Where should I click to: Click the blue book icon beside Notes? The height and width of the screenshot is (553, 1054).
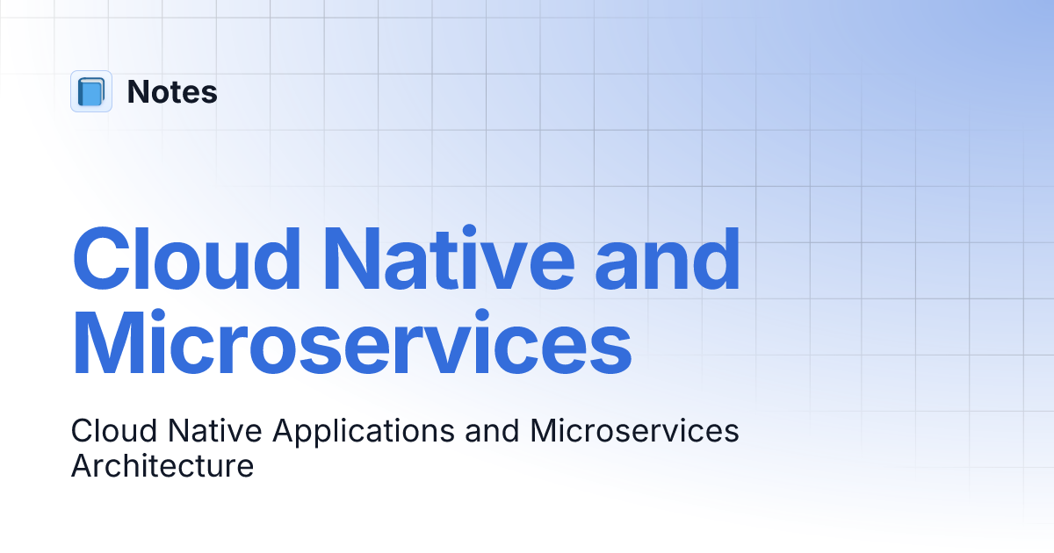(x=91, y=91)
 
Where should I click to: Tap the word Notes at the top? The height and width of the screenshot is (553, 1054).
(x=172, y=92)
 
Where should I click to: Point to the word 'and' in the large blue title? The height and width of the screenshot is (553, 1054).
(x=668, y=260)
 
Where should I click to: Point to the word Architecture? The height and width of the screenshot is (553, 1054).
(x=162, y=466)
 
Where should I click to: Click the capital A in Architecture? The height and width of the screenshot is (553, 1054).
(x=81, y=466)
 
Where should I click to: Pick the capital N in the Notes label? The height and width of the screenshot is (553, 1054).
(x=137, y=92)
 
